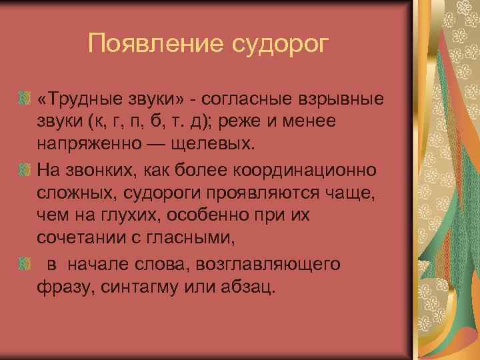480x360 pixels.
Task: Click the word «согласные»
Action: click(x=247, y=99)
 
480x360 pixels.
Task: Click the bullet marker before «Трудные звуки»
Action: click(x=27, y=99)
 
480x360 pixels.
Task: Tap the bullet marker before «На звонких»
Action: click(x=27, y=170)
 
